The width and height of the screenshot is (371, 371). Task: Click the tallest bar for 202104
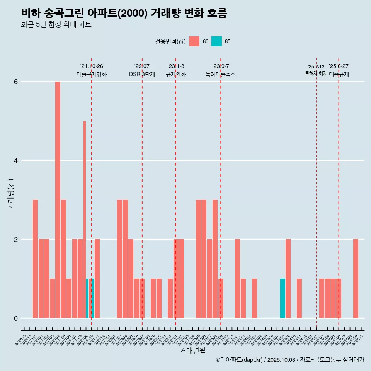pyautogui.click(x=58, y=200)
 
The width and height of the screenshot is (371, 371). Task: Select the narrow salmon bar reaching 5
pyautogui.click(x=85, y=219)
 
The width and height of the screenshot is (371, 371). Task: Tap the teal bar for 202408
pyautogui.click(x=283, y=298)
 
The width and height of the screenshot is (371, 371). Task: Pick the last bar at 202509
pyautogui.click(x=356, y=279)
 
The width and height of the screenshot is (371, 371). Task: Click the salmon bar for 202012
pyautogui.click(x=35, y=259)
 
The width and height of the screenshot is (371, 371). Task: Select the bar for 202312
pyautogui.click(x=237, y=279)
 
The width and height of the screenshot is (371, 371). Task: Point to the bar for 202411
pyautogui.click(x=299, y=298)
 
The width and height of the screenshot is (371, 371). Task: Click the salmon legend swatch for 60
pyautogui.click(x=194, y=41)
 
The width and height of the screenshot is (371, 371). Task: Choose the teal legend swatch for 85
pyautogui.click(x=216, y=41)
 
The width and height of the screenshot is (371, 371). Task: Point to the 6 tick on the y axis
pyautogui.click(x=16, y=82)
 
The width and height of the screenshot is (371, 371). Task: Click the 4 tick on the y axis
pyautogui.click(x=16, y=161)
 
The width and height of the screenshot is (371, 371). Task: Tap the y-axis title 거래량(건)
pyautogui.click(x=11, y=193)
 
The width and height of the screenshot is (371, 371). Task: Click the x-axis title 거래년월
pyautogui.click(x=192, y=351)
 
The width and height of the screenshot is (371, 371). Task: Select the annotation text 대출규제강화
pyautogui.click(x=92, y=74)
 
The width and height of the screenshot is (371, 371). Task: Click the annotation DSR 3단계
pyautogui.click(x=142, y=74)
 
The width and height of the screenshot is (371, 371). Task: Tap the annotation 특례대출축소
pyautogui.click(x=221, y=74)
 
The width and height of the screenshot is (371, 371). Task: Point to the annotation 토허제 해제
pyautogui.click(x=316, y=73)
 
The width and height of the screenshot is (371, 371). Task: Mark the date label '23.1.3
pyautogui.click(x=176, y=66)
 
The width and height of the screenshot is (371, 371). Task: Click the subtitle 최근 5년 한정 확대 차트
pyautogui.click(x=56, y=25)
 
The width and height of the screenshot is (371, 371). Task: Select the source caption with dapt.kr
pyautogui.click(x=290, y=360)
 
